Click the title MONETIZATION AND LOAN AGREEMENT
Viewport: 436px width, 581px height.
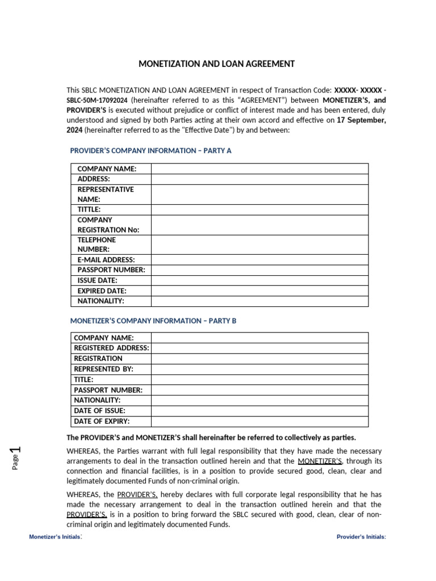[217, 64]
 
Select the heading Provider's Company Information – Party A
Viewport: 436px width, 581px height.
[150, 150]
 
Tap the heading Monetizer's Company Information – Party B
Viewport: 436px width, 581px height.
[153, 321]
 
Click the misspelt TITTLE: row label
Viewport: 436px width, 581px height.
[89, 209]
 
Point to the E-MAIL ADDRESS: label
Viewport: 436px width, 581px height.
[106, 260]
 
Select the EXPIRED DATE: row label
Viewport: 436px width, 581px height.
[102, 291]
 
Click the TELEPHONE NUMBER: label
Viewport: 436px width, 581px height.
[97, 245]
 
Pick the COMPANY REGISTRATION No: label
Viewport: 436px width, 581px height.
[108, 225]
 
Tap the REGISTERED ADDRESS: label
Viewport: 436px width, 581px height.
[112, 348]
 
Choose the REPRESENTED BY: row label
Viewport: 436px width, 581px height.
[104, 369]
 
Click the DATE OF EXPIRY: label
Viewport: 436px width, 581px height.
[102, 421]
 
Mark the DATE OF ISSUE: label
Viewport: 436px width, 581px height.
[100, 410]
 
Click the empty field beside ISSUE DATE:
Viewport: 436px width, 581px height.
[259, 280]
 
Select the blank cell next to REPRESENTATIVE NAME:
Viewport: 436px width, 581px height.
[259, 195]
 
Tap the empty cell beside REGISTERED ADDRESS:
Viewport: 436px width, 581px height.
[259, 348]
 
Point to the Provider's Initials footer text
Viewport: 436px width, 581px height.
[361, 537]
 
